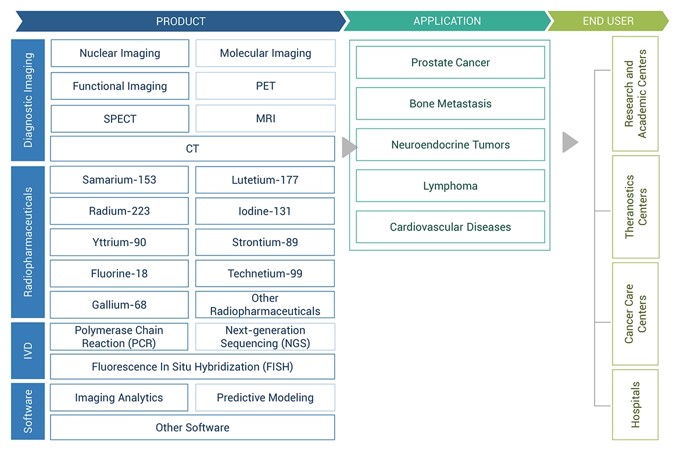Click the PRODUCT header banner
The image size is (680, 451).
(180, 21)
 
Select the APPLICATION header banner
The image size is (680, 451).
(446, 21)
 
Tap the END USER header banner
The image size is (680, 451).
(608, 21)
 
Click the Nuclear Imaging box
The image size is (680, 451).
(120, 53)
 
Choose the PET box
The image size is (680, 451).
(265, 86)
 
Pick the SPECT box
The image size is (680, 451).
(120, 118)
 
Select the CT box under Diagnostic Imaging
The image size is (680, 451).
(192, 149)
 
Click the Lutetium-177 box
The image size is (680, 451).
(265, 180)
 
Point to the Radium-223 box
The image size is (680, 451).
(119, 211)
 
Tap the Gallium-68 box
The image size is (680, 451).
(119, 305)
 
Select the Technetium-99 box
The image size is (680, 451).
(265, 273)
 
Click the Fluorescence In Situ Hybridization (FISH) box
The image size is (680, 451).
(192, 367)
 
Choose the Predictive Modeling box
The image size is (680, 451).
(265, 398)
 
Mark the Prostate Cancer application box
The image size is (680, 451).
(450, 63)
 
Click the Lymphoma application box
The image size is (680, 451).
(450, 186)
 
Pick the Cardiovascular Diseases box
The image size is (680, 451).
(450, 227)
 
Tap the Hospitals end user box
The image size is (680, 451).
(635, 405)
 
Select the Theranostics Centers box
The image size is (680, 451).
(635, 207)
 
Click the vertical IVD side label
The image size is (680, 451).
(28, 351)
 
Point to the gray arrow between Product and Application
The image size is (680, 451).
(349, 147)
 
